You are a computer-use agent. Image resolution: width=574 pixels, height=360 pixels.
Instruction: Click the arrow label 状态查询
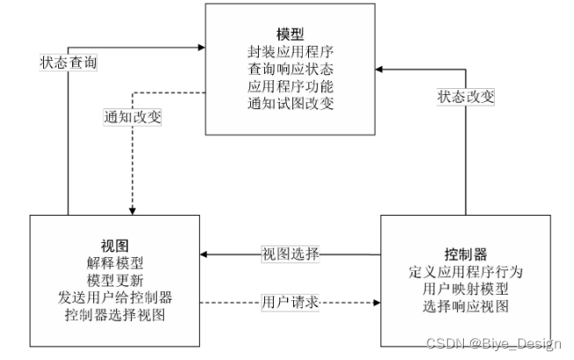69,62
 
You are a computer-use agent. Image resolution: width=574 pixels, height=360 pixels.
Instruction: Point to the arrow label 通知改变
132,114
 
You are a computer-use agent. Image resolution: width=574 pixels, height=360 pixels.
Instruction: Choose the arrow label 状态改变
466,96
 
